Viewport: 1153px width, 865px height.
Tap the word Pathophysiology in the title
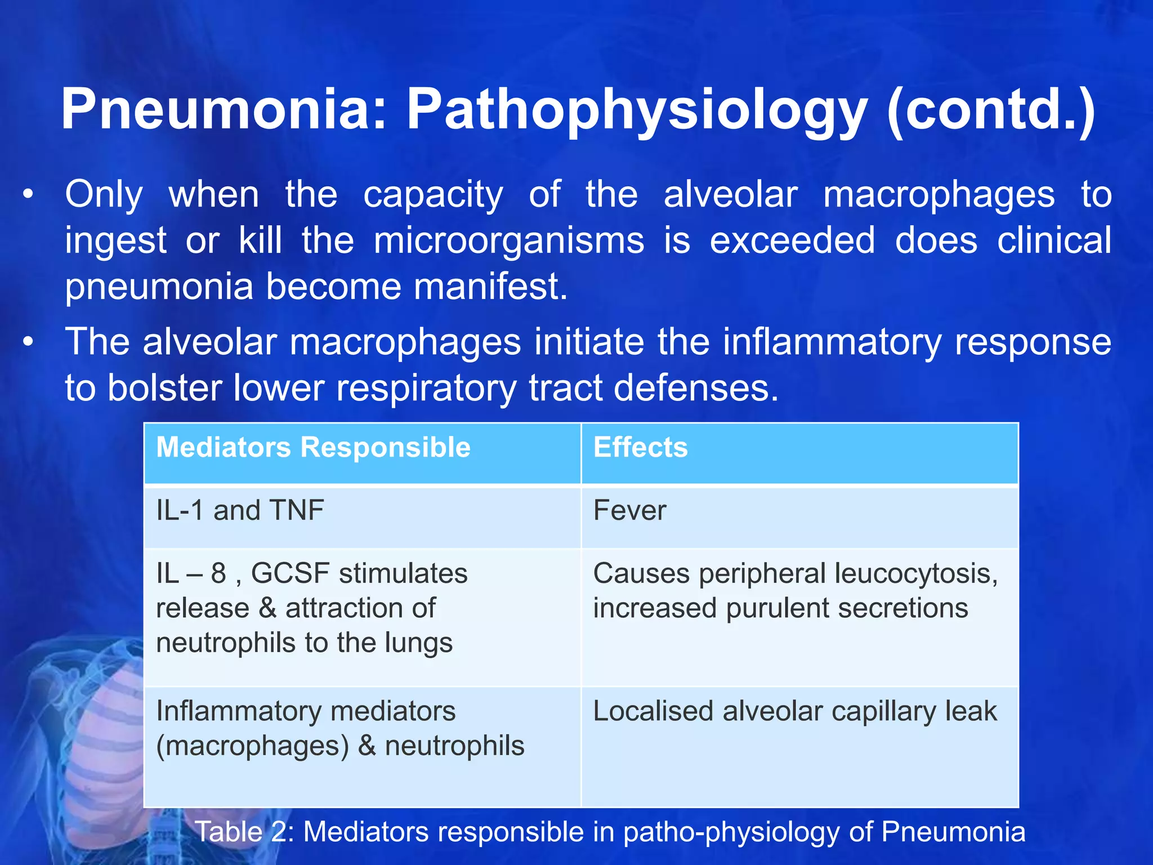click(637, 110)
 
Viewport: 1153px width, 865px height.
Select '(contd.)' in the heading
click(991, 110)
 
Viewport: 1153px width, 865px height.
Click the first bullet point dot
click(28, 195)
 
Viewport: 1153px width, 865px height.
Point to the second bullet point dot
click(28, 342)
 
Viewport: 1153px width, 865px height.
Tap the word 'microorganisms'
click(509, 240)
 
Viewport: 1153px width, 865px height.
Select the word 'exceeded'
click(792, 240)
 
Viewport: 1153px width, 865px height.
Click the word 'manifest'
click(490, 286)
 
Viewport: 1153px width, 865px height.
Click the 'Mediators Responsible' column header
click(313, 448)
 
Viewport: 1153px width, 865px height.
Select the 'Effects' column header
click(640, 448)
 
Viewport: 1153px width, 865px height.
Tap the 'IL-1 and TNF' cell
click(240, 511)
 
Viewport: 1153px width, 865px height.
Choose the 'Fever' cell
click(629, 511)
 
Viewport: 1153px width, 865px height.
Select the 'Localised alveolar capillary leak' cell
click(794, 711)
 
